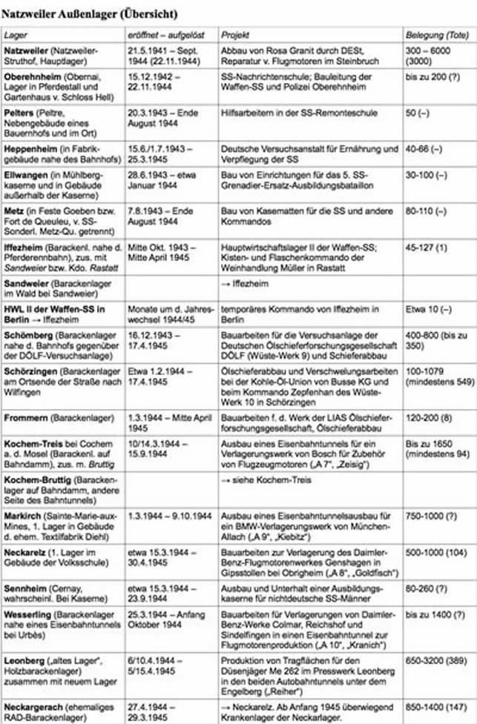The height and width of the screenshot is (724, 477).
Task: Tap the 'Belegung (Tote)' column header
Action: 437,35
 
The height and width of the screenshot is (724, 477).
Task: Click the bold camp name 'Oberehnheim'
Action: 32,77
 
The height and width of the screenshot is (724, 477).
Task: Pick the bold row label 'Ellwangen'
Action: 27,174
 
